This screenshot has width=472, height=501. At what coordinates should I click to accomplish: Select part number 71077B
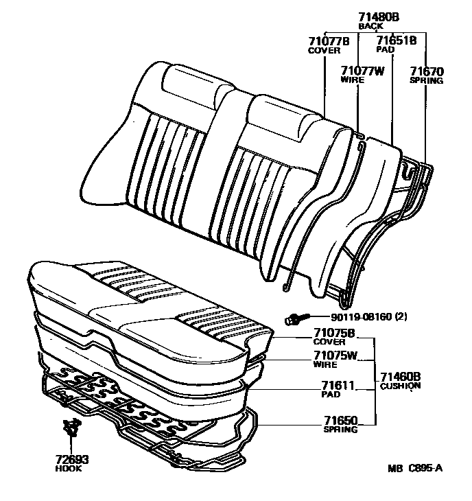[329, 41]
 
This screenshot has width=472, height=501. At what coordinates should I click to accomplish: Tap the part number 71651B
[397, 41]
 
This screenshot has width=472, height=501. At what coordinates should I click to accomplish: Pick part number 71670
[427, 70]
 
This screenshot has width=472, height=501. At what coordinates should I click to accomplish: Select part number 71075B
[334, 333]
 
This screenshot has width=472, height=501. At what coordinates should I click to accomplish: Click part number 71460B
[400, 376]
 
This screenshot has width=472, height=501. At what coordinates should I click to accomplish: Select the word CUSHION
[400, 386]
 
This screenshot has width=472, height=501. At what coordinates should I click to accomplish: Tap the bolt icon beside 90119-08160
[296, 318]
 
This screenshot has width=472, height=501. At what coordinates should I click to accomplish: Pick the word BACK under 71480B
[370, 26]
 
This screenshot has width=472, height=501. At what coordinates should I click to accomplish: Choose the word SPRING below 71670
[427, 80]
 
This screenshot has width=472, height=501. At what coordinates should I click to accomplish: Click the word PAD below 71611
[330, 395]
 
